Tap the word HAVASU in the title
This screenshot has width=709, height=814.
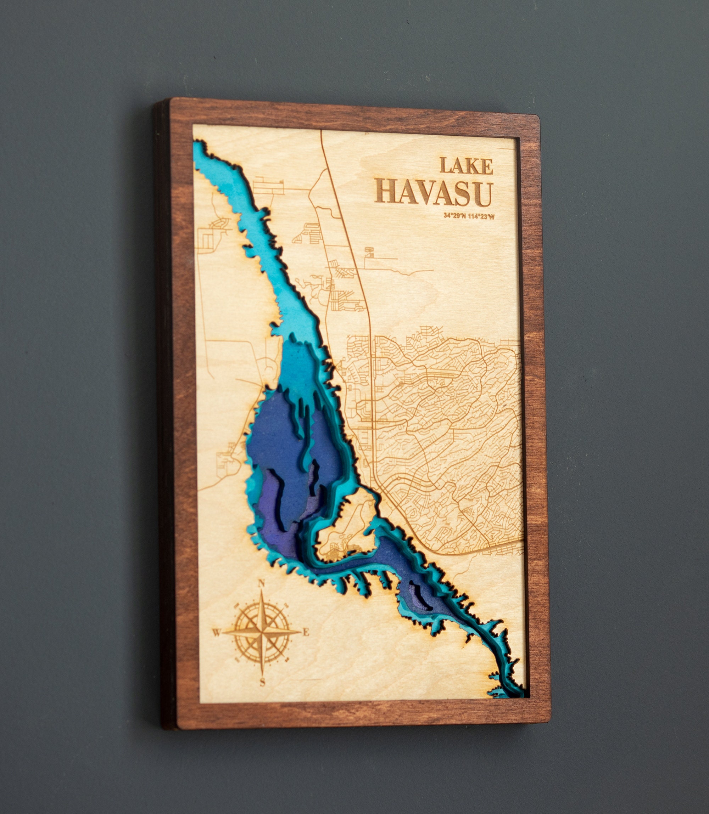(x=433, y=193)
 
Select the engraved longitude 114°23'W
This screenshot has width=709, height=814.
(x=481, y=216)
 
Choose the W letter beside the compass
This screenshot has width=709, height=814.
(x=216, y=633)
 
